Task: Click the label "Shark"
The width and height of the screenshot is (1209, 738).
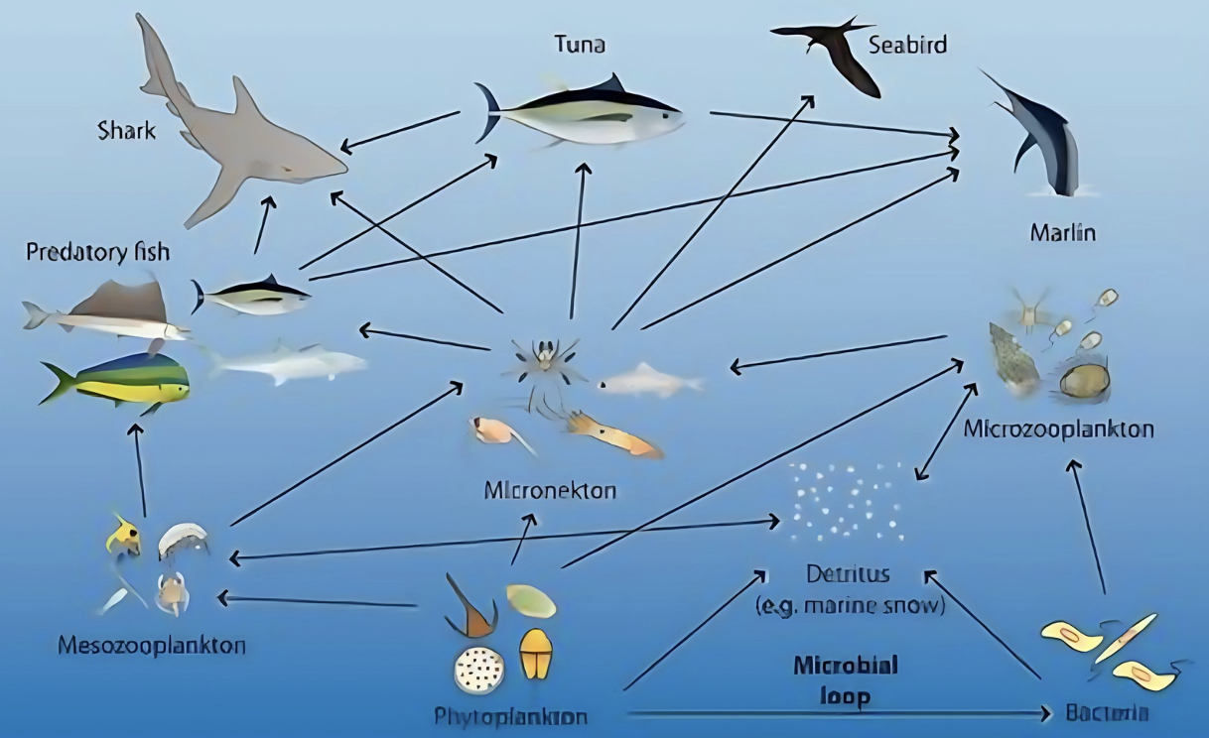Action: click(x=127, y=130)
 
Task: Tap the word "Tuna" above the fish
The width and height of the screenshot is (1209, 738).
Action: click(x=581, y=45)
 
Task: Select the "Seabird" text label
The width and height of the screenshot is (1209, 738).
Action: click(x=907, y=45)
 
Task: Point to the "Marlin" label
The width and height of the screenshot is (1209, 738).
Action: click(x=1062, y=234)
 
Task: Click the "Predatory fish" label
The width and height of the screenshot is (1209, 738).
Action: click(x=97, y=252)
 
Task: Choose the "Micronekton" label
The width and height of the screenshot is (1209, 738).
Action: click(x=551, y=490)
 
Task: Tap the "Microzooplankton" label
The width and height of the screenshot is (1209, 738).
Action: click(x=1059, y=430)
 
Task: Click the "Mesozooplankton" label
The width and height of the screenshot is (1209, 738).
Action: click(x=152, y=646)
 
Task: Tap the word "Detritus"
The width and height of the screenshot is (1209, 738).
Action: click(x=849, y=574)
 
